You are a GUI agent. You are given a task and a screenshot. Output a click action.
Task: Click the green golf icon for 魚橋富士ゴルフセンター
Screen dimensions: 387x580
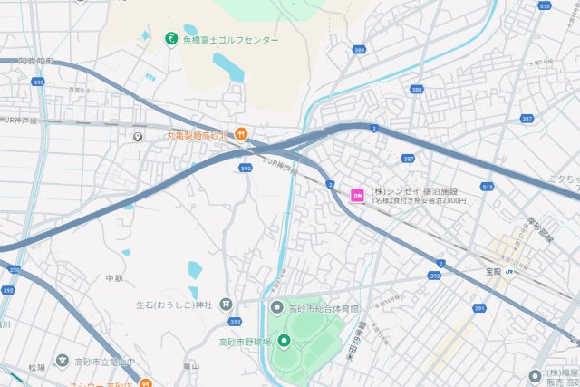(170, 38)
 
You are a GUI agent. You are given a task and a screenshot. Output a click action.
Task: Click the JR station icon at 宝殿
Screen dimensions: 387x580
(509, 270)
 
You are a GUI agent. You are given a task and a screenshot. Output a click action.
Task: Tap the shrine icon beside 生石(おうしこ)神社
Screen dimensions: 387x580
(226, 304)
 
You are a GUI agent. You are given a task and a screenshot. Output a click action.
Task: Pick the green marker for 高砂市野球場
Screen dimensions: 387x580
(283, 341)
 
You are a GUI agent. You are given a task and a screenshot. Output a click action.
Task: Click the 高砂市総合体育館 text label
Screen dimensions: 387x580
(324, 309)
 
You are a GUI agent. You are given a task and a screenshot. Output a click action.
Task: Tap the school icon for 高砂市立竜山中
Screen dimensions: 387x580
(62, 362)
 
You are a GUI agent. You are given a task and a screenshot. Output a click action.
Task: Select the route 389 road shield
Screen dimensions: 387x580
(361, 51)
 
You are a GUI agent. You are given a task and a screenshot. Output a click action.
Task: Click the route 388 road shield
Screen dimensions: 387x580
(416, 89)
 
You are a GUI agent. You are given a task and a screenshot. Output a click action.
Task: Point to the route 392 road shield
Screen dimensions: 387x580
(246, 168)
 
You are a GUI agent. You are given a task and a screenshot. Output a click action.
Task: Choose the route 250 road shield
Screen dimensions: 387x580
(14, 269)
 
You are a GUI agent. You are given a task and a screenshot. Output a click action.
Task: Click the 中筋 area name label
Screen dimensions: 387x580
(114, 277)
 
